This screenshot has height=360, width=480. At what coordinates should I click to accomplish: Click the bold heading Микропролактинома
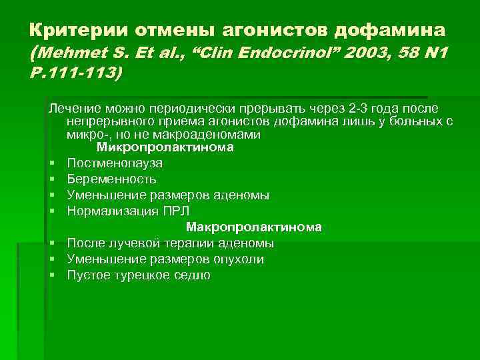click(x=165, y=147)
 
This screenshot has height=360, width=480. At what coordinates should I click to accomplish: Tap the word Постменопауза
click(x=115, y=163)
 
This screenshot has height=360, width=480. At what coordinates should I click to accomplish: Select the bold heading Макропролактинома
click(x=254, y=227)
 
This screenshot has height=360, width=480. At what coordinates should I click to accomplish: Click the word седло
click(x=194, y=275)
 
